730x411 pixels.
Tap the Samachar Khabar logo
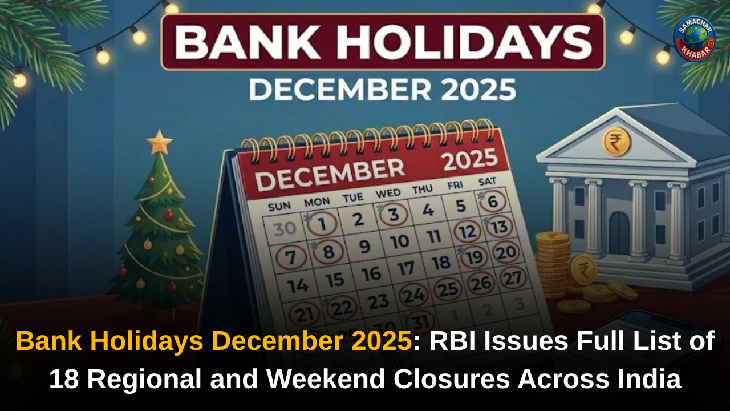point(695,39)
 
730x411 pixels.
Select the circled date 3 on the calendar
point(394,216)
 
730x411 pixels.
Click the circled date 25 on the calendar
point(448,289)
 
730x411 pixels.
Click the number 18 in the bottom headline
point(63,379)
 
